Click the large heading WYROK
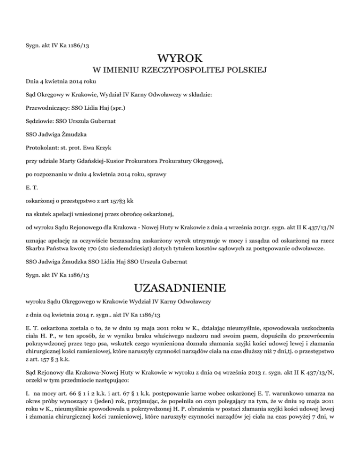click(x=180, y=59)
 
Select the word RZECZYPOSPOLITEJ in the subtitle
click(x=173, y=71)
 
